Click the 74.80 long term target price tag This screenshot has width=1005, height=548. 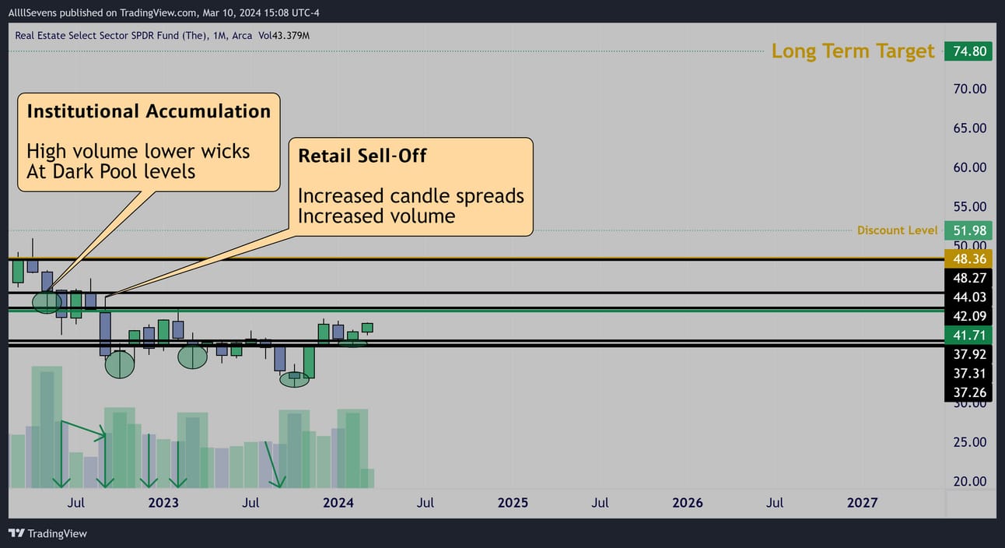[x=968, y=51]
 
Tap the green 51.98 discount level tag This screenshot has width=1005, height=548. [x=968, y=230]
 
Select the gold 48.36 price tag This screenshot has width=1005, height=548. [x=968, y=259]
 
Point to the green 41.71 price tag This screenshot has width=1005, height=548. [x=968, y=335]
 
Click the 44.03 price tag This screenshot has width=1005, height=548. [x=968, y=297]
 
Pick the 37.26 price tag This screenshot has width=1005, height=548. [x=968, y=393]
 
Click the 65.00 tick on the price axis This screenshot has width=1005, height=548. [x=969, y=128]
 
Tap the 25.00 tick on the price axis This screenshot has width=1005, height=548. [x=969, y=442]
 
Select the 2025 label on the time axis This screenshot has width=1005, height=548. [x=513, y=503]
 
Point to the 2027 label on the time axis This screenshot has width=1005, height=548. [x=862, y=503]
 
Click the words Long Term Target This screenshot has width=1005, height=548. [x=853, y=51]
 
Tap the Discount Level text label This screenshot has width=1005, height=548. [x=897, y=230]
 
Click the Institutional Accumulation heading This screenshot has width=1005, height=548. [x=149, y=111]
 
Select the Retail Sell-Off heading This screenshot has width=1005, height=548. [x=362, y=156]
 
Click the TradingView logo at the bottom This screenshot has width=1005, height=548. [x=47, y=533]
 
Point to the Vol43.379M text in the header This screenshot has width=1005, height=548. [x=284, y=36]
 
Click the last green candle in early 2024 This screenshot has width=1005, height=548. [x=367, y=328]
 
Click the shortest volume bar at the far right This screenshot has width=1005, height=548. [x=367, y=479]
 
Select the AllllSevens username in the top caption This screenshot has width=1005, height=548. [x=33, y=12]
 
